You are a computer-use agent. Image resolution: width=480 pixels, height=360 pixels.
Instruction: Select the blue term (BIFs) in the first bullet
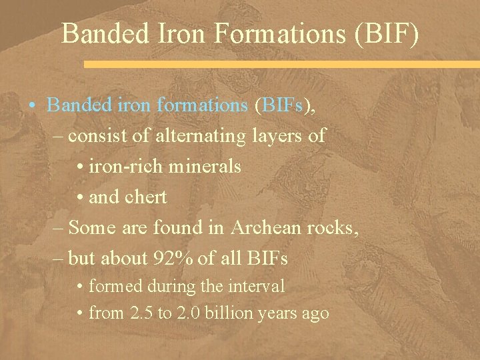pos(283,105)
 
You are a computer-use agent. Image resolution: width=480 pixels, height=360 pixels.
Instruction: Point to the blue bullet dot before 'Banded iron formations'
pos(32,106)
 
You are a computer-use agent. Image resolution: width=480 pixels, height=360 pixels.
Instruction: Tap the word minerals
pos(206,167)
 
